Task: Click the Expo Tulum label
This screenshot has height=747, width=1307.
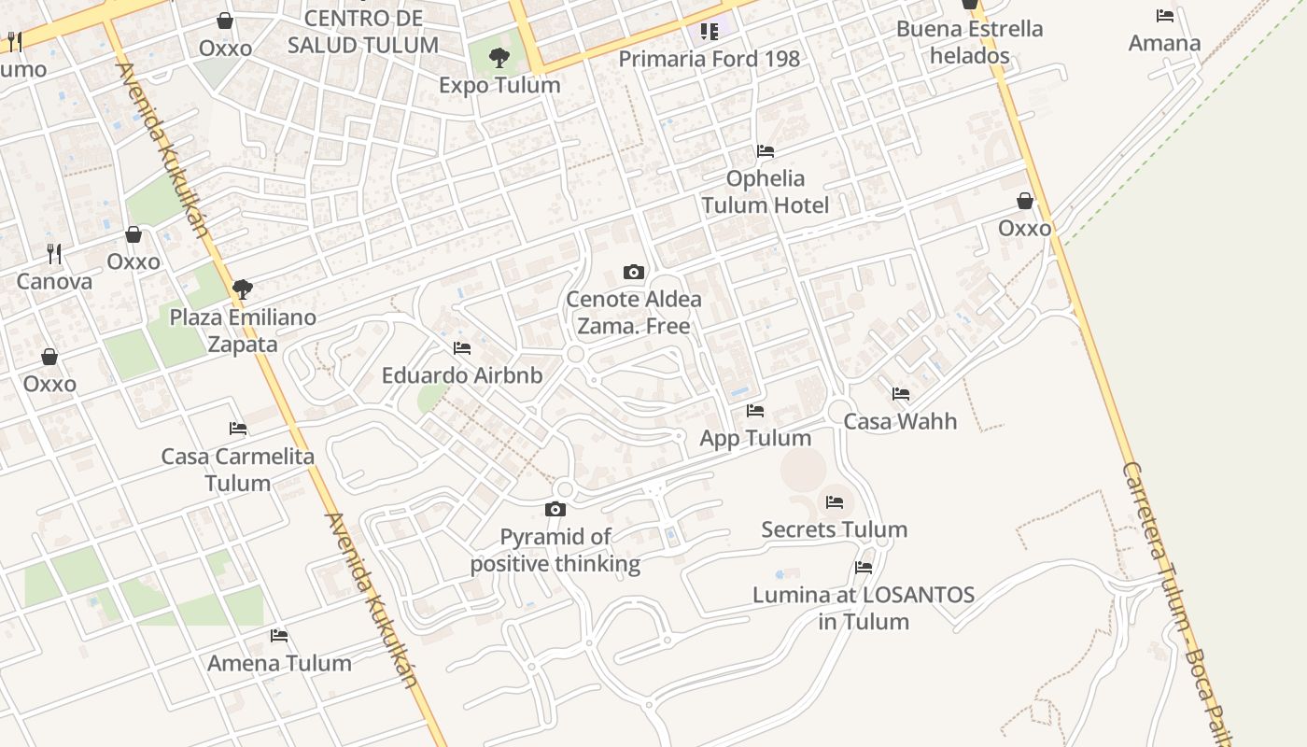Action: click(x=499, y=85)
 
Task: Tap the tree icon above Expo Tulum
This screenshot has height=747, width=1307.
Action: click(x=499, y=58)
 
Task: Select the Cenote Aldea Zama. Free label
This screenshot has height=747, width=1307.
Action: click(x=634, y=313)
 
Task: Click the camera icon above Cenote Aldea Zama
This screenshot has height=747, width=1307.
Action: click(x=634, y=272)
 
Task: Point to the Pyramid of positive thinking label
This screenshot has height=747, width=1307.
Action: click(x=555, y=550)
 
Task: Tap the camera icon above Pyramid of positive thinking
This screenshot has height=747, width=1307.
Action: click(x=555, y=509)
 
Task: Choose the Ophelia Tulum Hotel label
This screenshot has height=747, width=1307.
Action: click(x=766, y=191)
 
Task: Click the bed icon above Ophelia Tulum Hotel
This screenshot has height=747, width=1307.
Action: click(x=766, y=150)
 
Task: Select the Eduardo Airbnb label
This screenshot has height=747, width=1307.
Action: click(x=462, y=375)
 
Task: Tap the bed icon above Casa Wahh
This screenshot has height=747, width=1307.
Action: click(x=901, y=394)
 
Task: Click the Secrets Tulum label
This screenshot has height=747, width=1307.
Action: click(x=835, y=529)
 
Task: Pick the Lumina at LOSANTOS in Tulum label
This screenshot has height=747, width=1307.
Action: click(x=864, y=608)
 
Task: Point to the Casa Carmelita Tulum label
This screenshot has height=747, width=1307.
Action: click(x=238, y=470)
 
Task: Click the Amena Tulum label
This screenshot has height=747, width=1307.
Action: click(x=279, y=663)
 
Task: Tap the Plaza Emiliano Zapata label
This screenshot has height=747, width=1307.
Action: click(x=243, y=331)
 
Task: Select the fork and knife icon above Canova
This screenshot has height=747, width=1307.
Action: click(x=54, y=253)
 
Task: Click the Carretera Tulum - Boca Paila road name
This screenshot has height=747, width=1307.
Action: click(x=1176, y=598)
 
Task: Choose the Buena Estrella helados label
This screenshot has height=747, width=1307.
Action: click(x=970, y=42)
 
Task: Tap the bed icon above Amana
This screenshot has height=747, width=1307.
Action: click(x=1165, y=16)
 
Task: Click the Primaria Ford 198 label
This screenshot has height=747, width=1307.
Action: click(x=710, y=59)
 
